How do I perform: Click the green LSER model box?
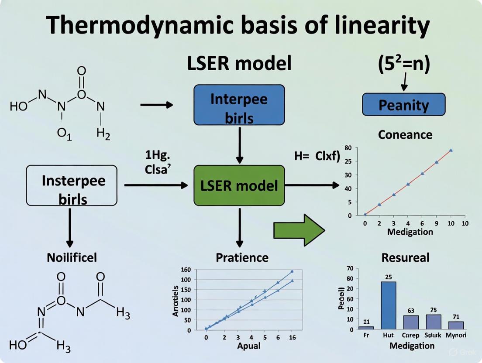coord(239,185)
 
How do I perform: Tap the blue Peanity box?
coord(403,105)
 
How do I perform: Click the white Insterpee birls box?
coord(72,185)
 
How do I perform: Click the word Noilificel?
coord(72,257)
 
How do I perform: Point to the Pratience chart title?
coord(242,257)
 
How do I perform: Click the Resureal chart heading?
coord(405,257)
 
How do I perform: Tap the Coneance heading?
coord(405,134)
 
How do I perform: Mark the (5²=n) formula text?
coord(404,64)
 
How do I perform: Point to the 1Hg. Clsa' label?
coord(158,162)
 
